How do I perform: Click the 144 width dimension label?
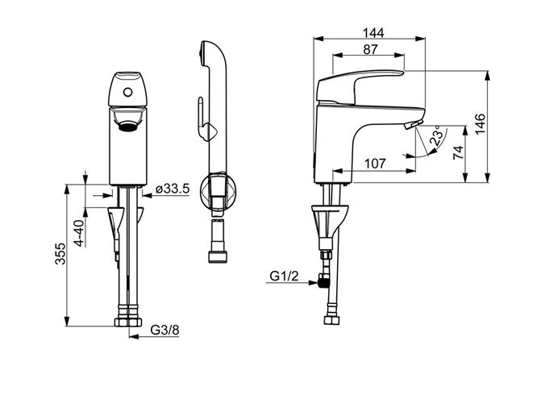coord(373,33)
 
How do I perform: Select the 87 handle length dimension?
coord(370,49)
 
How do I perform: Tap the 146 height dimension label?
coord(480,123)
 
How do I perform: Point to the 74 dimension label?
coord(458,152)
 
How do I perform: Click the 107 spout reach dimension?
coord(375,164)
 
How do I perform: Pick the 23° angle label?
coord(438,136)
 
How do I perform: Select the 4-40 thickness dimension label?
coord(79,233)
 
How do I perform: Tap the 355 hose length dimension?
coord(60,254)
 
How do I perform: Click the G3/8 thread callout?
coord(164,330)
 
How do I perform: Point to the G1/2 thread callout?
coord(285,276)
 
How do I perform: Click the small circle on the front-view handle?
coord(128,92)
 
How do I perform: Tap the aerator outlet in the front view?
coord(128,127)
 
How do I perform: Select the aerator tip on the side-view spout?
coord(414,124)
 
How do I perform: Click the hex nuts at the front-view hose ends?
coord(128,322)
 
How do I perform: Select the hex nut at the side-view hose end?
coord(332,320)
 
